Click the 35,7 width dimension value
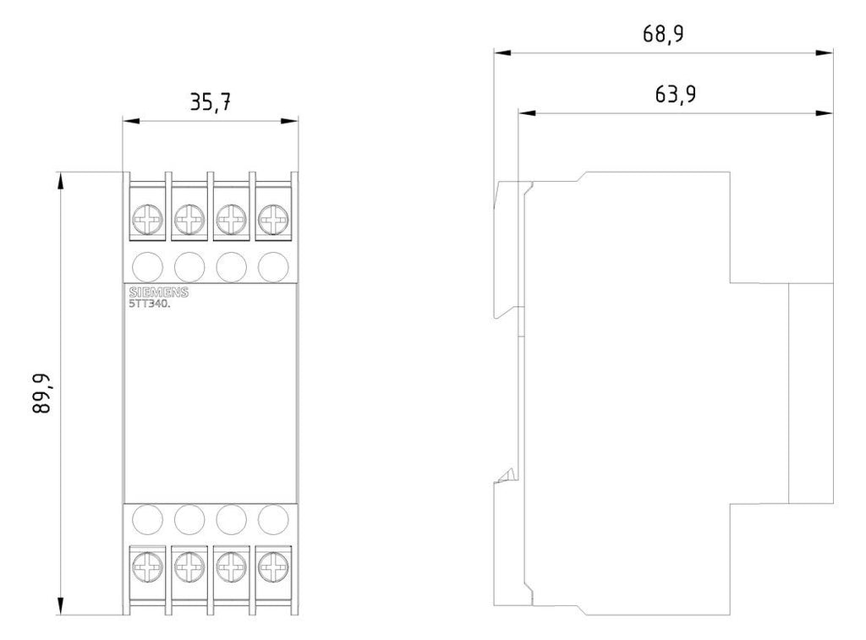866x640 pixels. tap(211, 102)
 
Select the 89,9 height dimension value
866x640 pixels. tap(41, 394)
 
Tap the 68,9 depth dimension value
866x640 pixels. tap(663, 34)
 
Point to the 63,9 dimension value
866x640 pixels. tap(676, 95)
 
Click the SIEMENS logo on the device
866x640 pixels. tap(158, 293)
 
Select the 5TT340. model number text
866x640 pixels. tap(150, 304)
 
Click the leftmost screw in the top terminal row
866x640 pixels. tap(147, 219)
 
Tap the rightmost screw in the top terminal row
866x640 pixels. tap(273, 219)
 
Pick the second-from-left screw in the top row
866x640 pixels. tap(189, 219)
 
